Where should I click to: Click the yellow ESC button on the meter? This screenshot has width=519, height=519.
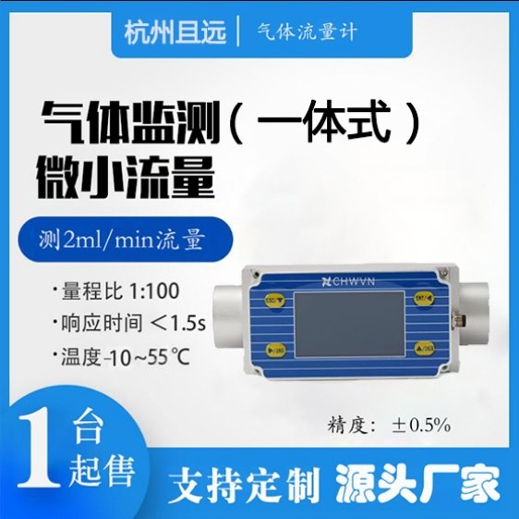(274, 300)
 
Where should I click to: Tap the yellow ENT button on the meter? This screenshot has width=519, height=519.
(424, 298)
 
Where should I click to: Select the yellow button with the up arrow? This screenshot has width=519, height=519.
(424, 348)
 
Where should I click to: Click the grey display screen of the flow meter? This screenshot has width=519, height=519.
(349, 325)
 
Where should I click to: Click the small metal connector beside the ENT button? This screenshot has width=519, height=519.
(459, 320)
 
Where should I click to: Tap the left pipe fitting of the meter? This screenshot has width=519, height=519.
(228, 316)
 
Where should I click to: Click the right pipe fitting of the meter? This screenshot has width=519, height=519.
(473, 313)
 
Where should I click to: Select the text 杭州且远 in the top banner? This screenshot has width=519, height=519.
(175, 32)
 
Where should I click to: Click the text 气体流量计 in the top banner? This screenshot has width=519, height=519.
(308, 32)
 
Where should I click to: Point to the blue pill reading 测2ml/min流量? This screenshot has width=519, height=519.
(125, 240)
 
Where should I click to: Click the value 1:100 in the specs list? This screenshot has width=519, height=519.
(154, 290)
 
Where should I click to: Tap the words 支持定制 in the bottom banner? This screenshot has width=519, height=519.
(243, 484)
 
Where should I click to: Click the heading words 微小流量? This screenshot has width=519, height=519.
(125, 179)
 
